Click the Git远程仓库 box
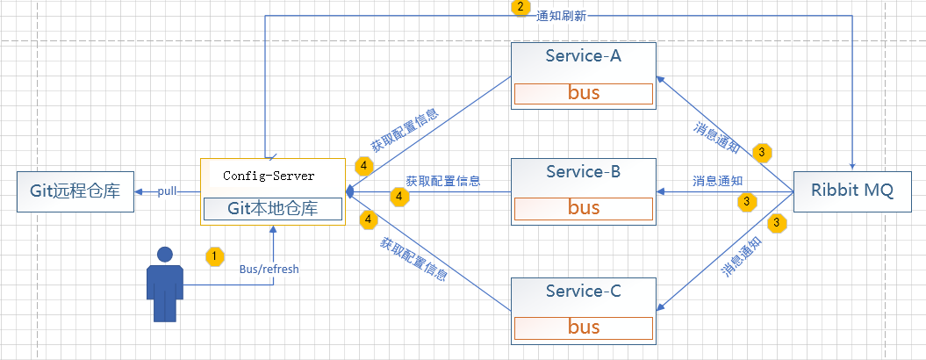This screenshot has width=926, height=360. pyautogui.click(x=75, y=191)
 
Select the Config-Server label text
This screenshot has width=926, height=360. pyautogui.click(x=269, y=176)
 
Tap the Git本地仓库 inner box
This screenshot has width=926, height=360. pyautogui.click(x=272, y=209)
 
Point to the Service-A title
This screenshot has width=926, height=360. pyautogui.click(x=583, y=57)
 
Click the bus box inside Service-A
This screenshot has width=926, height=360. pyautogui.click(x=584, y=93)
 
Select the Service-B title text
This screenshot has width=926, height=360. pyautogui.click(x=583, y=172)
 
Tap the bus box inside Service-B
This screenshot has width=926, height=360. pyautogui.click(x=584, y=208)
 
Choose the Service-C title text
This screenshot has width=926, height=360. pyautogui.click(x=583, y=291)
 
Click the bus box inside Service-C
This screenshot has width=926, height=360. pyautogui.click(x=584, y=328)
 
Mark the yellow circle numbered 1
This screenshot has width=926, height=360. pyautogui.click(x=213, y=256)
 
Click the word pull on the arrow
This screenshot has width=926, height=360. pyautogui.click(x=168, y=191)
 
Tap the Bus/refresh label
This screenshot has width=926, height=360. pyautogui.click(x=269, y=270)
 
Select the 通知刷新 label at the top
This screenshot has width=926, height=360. pyautogui.click(x=562, y=16)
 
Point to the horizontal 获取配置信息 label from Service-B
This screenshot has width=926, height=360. pyautogui.click(x=442, y=181)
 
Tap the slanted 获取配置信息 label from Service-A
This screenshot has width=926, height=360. pyautogui.click(x=404, y=129)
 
